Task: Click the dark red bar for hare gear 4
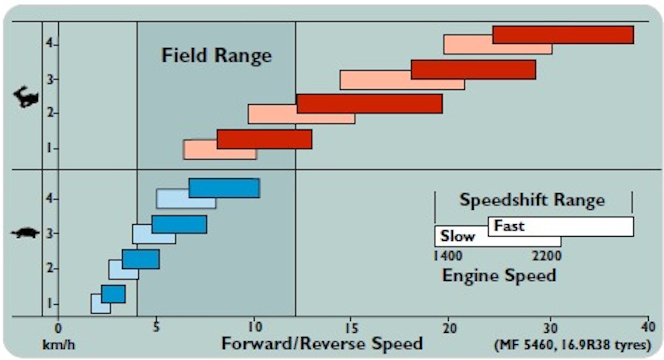point(563,35)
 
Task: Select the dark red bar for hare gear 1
point(264,139)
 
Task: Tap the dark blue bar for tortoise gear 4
point(224,188)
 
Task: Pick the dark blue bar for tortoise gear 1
point(113,294)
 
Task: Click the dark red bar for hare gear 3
point(473,70)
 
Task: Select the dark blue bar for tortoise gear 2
point(140,259)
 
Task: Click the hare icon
point(26,97)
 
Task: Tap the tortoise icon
point(25,233)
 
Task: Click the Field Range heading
point(216,55)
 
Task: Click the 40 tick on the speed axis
point(648,327)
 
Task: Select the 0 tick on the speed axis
point(58,328)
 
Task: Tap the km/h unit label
point(58,345)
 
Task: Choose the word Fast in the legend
point(509,226)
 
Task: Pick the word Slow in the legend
point(457,236)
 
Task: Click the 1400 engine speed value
point(447,256)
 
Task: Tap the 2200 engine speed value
point(546,256)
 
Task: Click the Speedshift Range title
point(532,200)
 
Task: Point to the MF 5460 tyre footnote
point(573,345)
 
